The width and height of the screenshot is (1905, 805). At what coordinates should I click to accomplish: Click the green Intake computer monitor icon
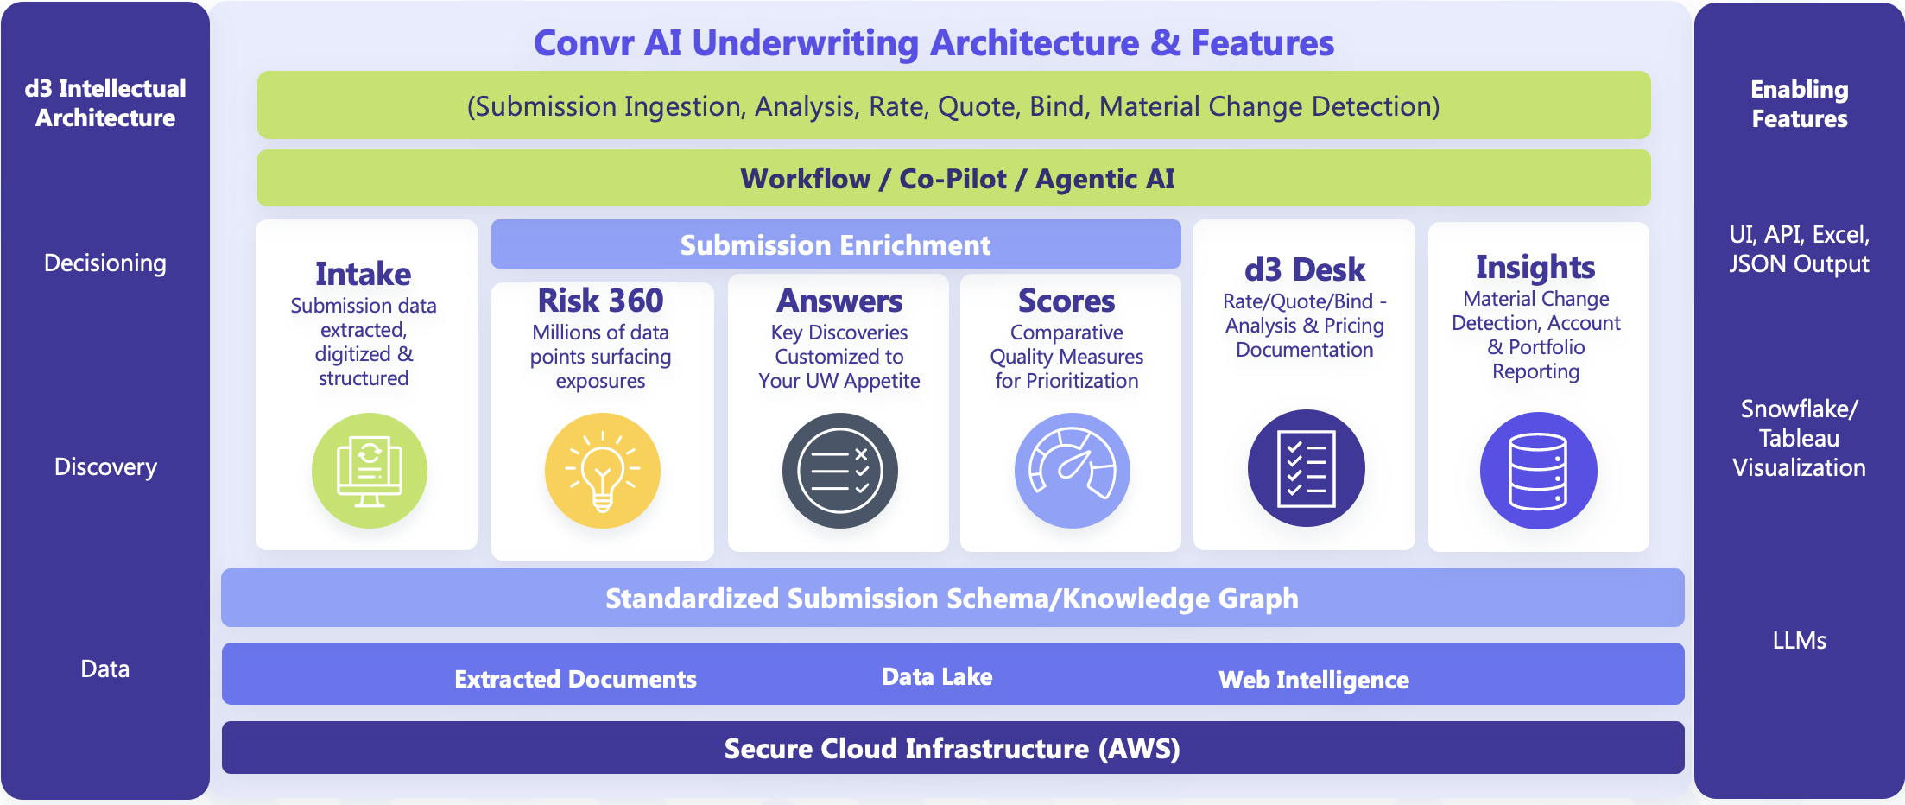(370, 471)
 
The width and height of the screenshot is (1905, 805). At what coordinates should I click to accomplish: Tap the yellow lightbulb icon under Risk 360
(602, 471)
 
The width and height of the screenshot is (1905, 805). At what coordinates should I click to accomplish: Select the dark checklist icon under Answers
(839, 471)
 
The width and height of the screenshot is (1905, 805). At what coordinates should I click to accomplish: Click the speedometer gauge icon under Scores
(1072, 471)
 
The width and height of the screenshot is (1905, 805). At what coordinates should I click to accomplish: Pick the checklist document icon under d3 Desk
(1306, 468)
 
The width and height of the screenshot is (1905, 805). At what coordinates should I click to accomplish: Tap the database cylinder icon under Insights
(1538, 471)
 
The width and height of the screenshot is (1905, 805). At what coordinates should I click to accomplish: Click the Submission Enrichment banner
(835, 245)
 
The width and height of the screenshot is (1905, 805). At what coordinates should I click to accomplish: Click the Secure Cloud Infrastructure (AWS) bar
(952, 748)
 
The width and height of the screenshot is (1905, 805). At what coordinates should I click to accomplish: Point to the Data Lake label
(937, 676)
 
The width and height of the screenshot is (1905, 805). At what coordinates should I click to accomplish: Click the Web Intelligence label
(1313, 680)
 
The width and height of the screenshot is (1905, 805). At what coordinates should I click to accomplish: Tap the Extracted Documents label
(575, 679)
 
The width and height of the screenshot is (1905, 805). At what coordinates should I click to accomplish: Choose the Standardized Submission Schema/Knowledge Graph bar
(952, 599)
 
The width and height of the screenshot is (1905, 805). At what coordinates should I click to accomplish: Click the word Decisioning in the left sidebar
(105, 263)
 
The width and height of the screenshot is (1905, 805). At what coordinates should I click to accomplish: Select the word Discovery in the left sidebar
(105, 467)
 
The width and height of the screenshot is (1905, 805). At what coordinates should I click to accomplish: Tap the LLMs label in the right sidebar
(1799, 640)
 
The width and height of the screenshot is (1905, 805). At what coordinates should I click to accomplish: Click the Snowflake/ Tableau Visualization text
(1799, 438)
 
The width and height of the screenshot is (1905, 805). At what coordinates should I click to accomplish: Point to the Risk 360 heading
(600, 301)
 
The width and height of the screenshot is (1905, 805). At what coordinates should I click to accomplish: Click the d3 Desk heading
(1304, 269)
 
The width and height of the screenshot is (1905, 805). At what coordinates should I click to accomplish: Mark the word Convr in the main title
(584, 43)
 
